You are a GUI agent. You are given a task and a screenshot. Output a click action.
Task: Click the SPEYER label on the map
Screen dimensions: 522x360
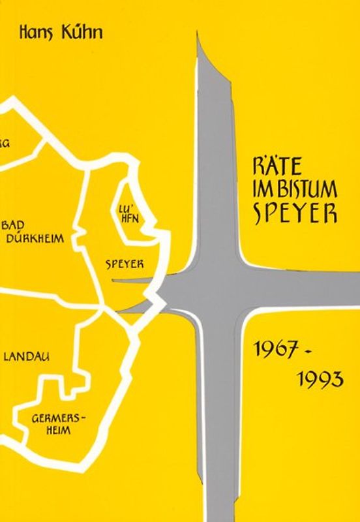(125, 264)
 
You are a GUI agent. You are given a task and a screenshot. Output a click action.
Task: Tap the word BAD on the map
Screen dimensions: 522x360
(16, 226)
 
